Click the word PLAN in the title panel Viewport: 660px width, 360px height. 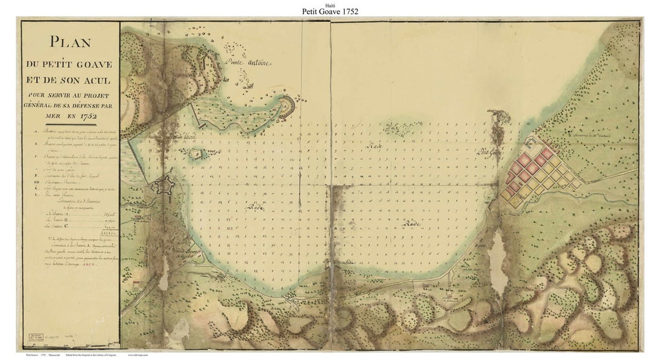(x=70, y=42)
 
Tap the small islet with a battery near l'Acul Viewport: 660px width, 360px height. (x=196, y=153)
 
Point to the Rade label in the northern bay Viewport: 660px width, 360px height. (x=373, y=147)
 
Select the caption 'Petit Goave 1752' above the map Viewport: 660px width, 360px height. (x=330, y=11)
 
